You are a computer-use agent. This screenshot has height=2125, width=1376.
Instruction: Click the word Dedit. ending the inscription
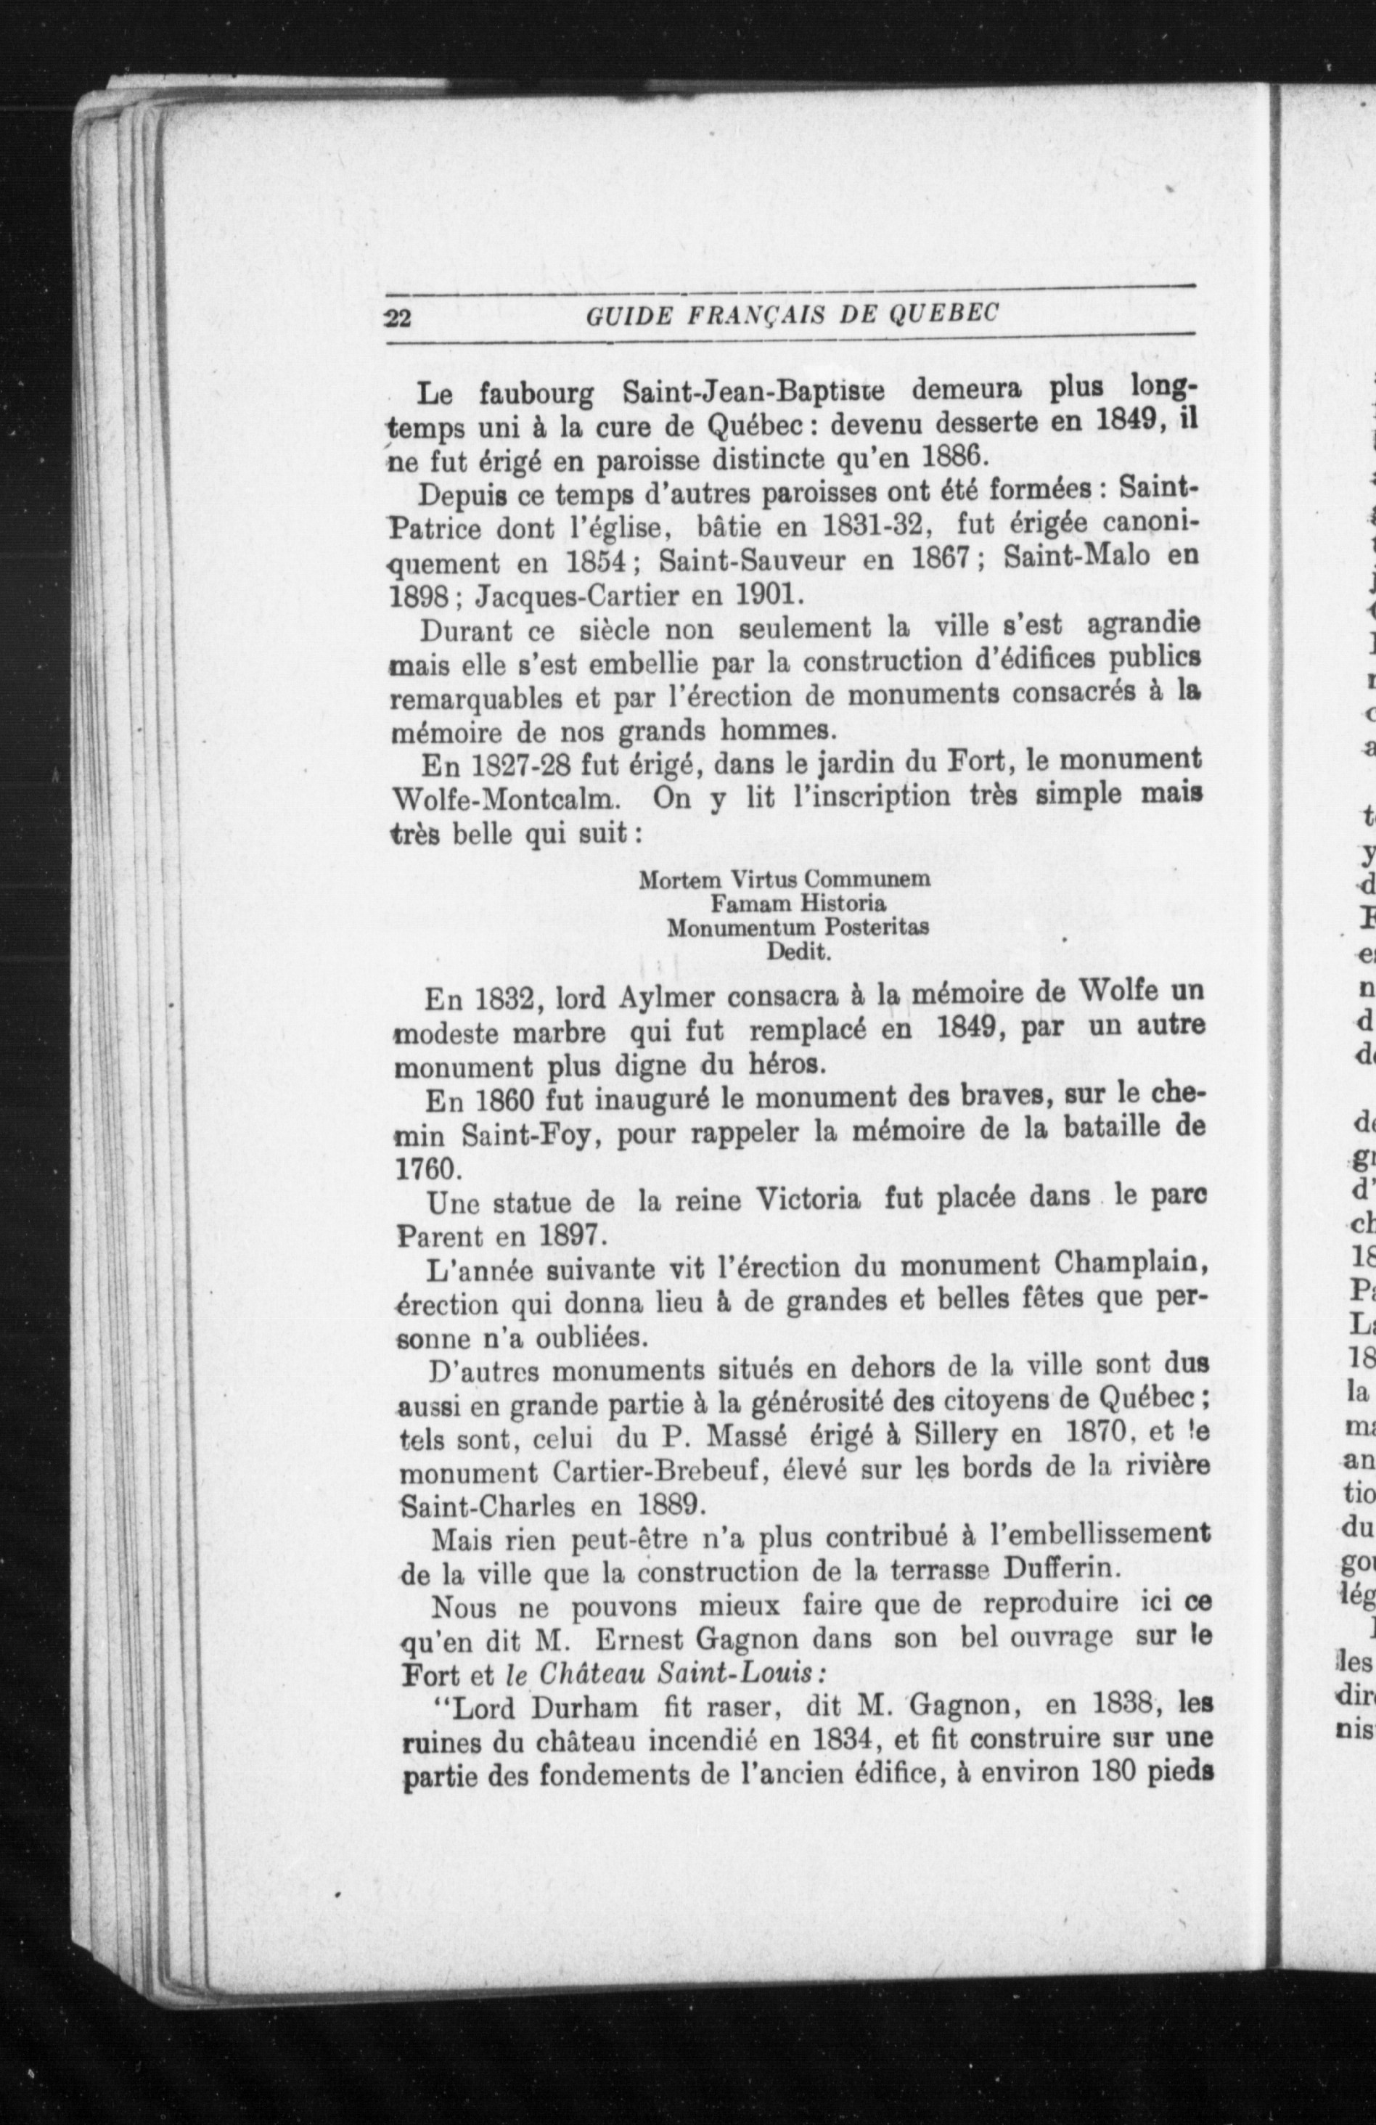coord(799,950)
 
